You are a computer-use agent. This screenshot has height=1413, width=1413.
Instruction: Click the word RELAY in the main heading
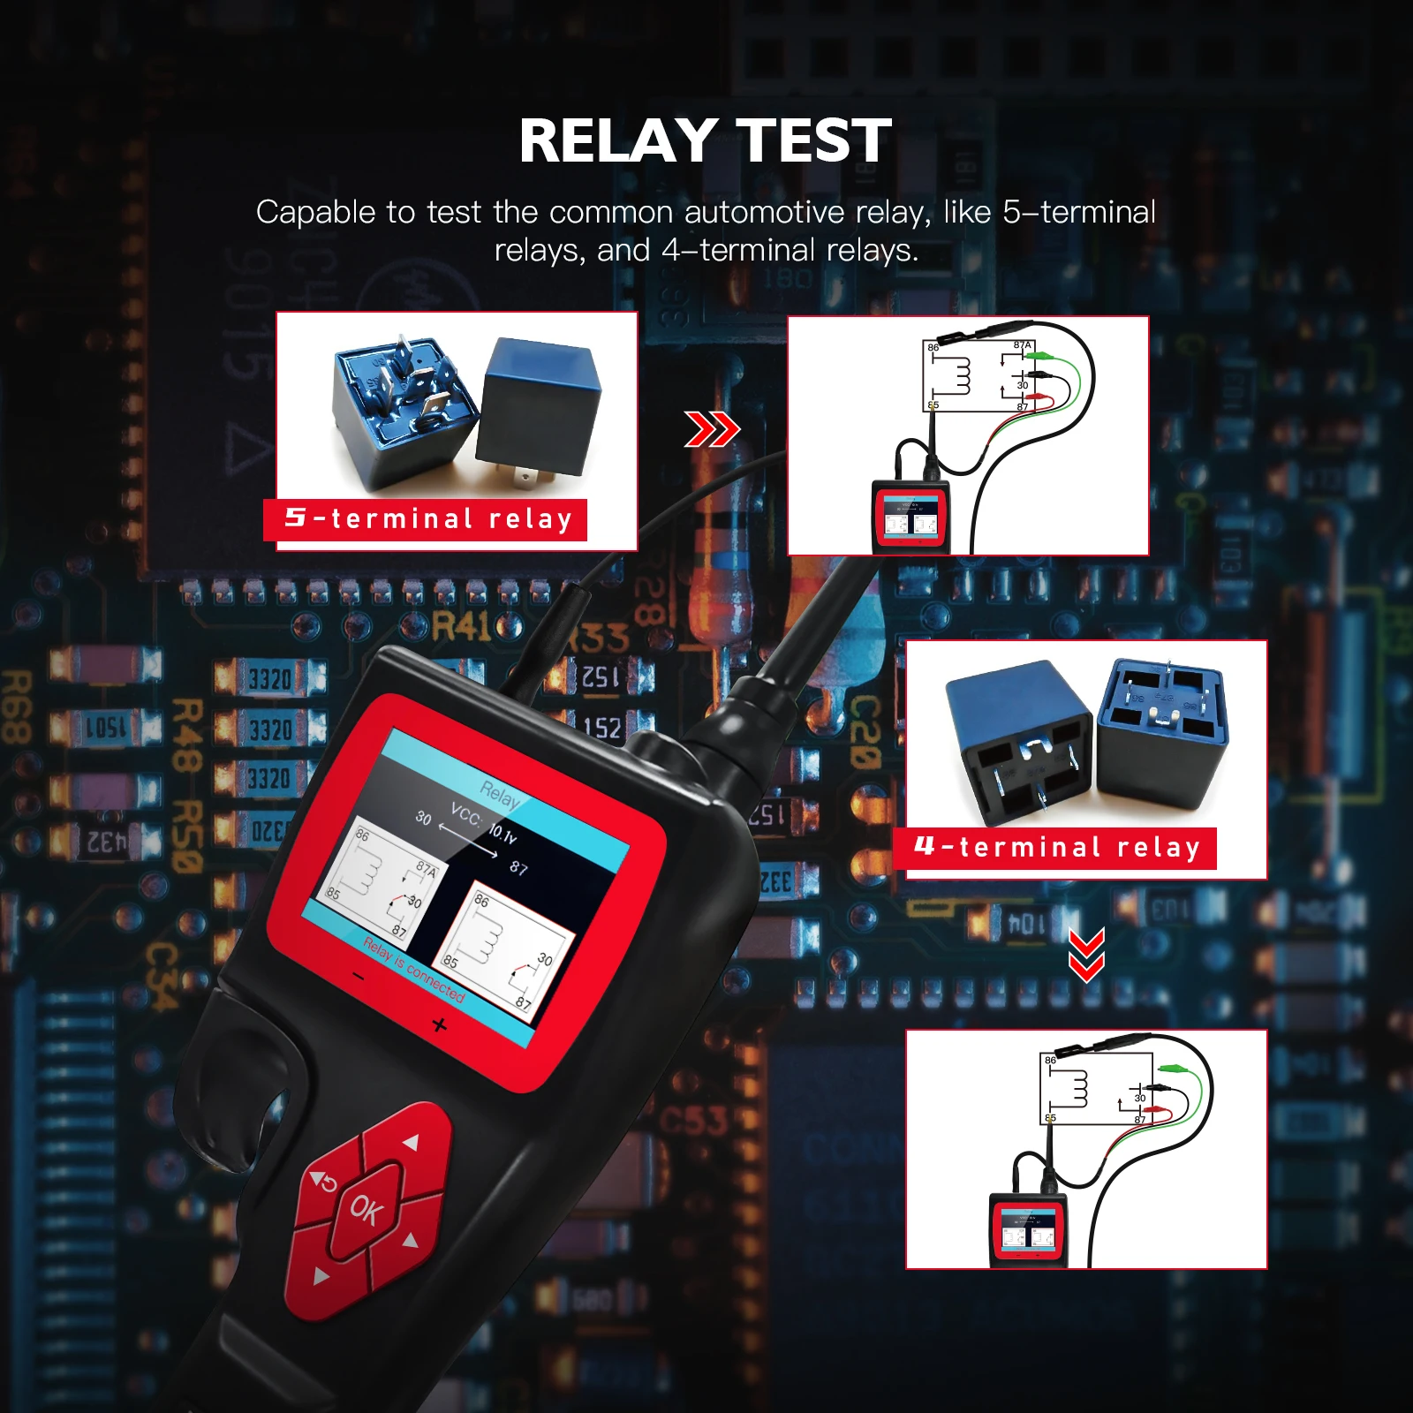tap(617, 141)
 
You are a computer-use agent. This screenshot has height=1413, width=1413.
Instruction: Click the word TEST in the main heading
tap(813, 141)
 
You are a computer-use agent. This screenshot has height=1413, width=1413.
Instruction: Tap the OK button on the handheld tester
tap(366, 1209)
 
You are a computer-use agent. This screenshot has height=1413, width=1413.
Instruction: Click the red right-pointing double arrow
tap(712, 430)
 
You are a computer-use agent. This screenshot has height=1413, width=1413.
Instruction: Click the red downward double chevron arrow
tap(1086, 955)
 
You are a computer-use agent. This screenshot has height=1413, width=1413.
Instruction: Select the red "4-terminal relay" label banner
tap(1056, 848)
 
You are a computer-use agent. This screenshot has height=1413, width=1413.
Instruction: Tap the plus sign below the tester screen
tap(440, 1025)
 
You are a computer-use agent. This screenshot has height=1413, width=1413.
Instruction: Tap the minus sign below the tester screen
tap(359, 977)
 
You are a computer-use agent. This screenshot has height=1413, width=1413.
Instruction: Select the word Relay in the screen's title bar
tap(500, 796)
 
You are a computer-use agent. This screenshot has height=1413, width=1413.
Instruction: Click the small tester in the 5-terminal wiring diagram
tap(911, 517)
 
